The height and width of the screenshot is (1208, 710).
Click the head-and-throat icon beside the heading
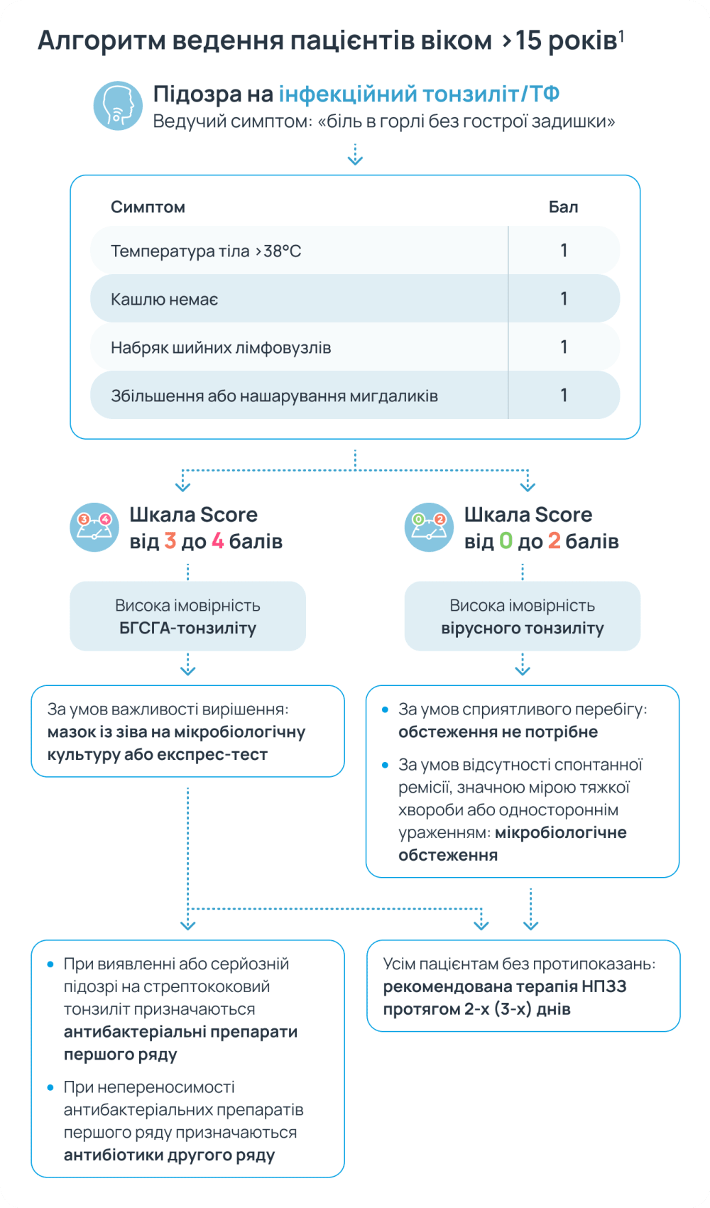pos(118,106)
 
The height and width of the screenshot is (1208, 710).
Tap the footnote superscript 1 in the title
pos(621,35)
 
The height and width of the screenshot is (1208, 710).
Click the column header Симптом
pos(148,207)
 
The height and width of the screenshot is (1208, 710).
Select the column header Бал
pos(563,207)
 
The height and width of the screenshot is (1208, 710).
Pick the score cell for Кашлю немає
pos(564,299)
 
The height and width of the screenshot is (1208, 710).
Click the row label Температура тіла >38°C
pos(206,251)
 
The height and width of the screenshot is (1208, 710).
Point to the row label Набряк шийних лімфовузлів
pos(221,348)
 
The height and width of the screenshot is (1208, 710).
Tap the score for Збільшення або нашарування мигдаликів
pos(564,396)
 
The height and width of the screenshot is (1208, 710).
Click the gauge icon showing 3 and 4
pos(94,528)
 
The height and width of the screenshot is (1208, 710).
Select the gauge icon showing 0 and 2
pos(429,528)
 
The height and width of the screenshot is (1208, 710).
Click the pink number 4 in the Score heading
pos(218,542)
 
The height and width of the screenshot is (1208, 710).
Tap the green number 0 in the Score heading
pos(506,542)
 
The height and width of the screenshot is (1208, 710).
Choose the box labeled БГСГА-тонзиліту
pos(187,616)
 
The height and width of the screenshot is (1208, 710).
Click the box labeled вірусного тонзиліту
pos(523,616)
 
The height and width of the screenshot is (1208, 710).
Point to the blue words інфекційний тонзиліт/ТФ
pos(419,94)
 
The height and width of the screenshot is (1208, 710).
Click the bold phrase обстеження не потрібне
pos(498,732)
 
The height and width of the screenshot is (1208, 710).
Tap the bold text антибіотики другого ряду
pos(169,1155)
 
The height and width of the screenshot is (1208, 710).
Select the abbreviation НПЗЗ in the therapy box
pos(603,986)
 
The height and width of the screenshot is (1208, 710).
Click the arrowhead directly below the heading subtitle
pos(355,160)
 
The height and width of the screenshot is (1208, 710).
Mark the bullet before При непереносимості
pos(50,1087)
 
